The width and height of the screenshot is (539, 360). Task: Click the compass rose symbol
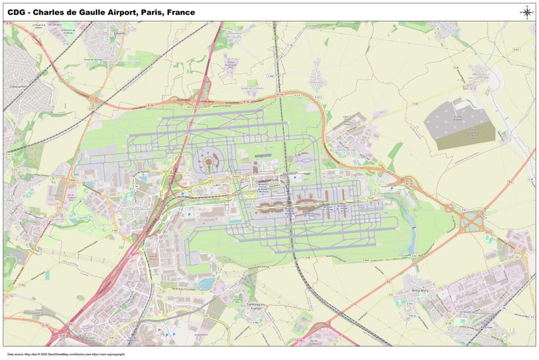coord(526,12)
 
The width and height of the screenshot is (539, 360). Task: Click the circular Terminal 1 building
coord(208,161)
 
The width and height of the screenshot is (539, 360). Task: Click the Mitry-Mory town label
coord(416,288)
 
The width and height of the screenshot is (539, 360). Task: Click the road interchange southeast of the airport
coord(473,220)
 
